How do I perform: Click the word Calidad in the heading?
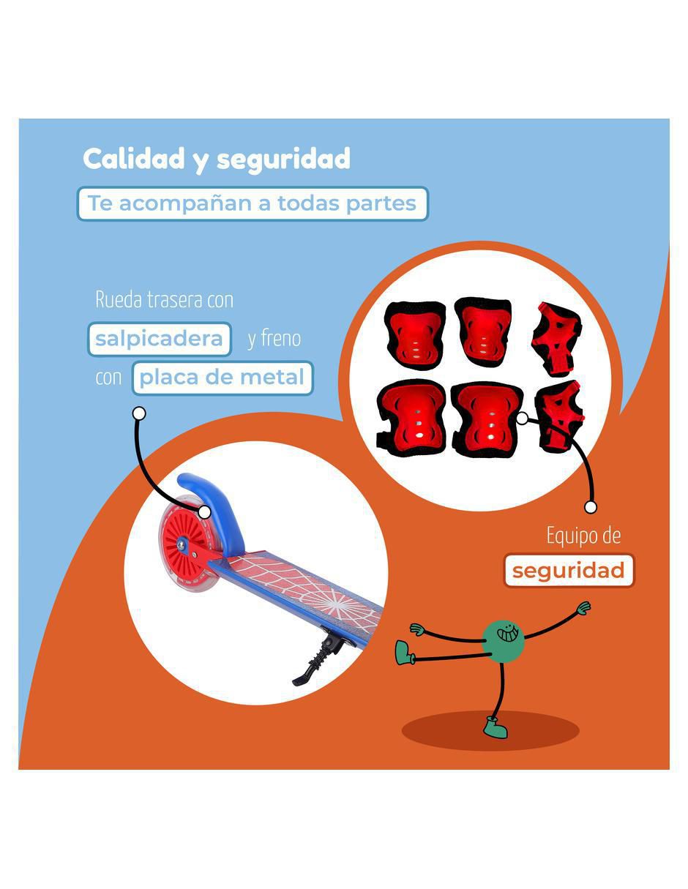click(134, 158)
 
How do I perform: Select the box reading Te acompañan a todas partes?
click(253, 203)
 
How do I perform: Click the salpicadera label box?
click(160, 339)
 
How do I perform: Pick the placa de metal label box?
click(223, 378)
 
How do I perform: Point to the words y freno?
click(274, 338)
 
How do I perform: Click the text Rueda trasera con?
click(165, 300)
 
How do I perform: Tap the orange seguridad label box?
click(569, 570)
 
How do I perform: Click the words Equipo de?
click(583, 535)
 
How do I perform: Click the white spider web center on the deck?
click(332, 603)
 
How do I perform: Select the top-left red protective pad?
click(416, 335)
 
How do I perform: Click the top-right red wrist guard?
click(556, 339)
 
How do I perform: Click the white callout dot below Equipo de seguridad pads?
click(590, 507)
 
